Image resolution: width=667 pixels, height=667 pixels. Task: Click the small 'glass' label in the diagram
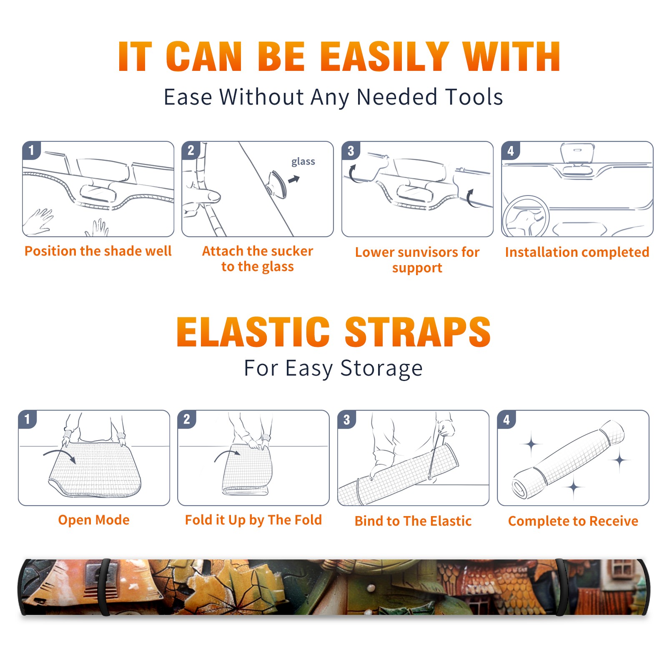[303, 162]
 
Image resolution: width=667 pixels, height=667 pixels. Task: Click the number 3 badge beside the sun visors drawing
[351, 150]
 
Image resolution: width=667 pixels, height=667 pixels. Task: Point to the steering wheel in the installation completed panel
[526, 217]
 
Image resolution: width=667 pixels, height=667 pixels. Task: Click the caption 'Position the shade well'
[98, 251]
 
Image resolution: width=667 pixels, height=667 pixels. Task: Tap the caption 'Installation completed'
[577, 252]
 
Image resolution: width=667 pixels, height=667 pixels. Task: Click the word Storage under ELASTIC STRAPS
[381, 369]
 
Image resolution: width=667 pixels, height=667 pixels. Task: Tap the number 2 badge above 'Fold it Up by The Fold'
[186, 419]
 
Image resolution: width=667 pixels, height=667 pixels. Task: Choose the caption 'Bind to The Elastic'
[413, 521]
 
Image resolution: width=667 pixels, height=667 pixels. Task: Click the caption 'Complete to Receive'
[573, 521]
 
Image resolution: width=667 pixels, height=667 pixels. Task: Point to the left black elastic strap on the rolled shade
[104, 587]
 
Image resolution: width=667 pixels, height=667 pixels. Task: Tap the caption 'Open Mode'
[94, 520]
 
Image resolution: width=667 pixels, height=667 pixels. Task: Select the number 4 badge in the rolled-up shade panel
[506, 419]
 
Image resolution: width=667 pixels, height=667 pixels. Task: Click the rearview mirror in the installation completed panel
[577, 159]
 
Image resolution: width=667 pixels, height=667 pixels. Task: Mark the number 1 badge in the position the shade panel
[31, 150]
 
